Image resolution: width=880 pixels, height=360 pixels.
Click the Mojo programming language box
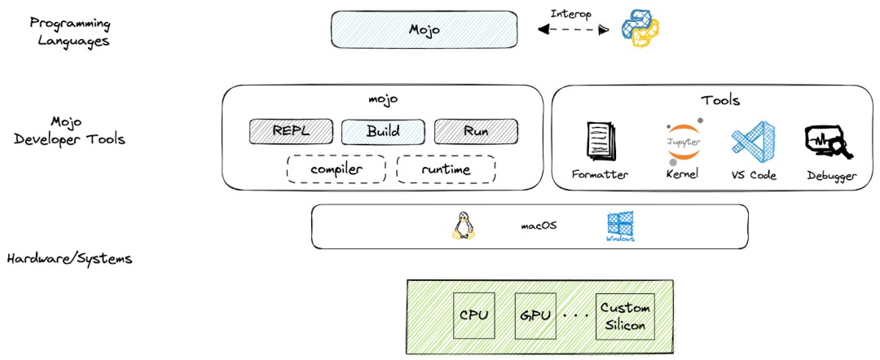424,29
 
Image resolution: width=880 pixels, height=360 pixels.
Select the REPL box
291,131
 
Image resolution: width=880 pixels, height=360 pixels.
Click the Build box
383,131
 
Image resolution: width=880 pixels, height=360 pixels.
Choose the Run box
476,131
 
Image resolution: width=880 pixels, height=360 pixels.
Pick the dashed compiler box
336,169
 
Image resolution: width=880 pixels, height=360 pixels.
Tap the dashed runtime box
446,169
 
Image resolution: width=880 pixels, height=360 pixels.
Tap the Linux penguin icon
463,226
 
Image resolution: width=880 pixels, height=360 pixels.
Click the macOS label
539,226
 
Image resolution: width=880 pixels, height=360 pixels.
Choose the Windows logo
620,226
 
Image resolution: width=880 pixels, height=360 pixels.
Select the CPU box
473,315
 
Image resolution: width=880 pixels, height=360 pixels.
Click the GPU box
535,315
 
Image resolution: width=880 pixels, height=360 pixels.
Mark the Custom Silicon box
625,316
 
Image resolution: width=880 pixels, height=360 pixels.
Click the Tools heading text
720,100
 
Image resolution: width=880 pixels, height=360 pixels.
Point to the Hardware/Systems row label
69,259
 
